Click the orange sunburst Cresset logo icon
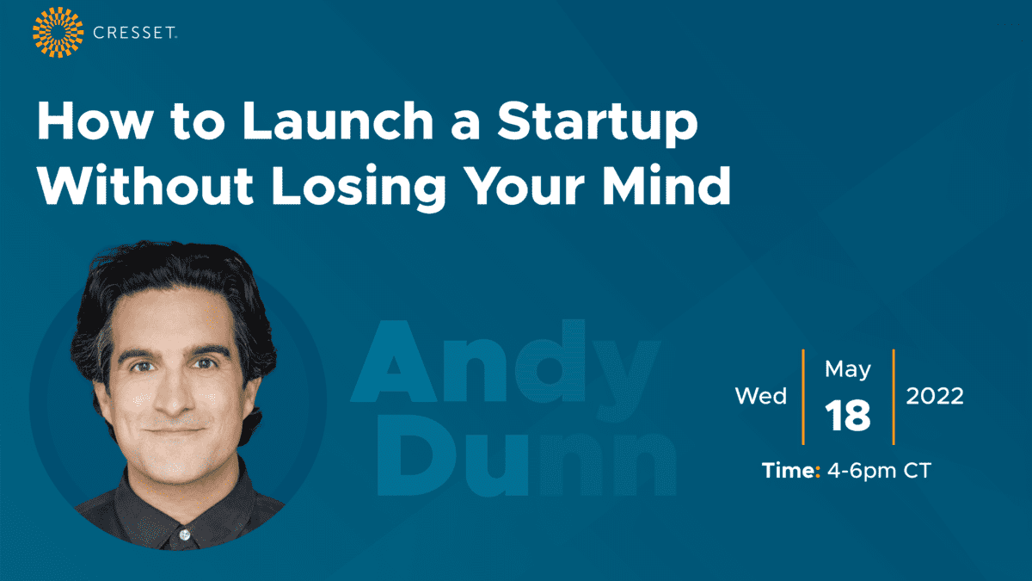58,33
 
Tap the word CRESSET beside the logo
134,33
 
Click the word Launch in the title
338,121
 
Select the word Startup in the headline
598,124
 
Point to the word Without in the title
145,184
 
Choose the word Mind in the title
666,184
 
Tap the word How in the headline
94,121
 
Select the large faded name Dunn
526,454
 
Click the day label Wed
760,396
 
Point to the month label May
848,370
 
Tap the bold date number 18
848,416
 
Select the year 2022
935,396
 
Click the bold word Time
790,471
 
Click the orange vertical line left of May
803,397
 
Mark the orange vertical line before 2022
894,397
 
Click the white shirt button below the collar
185,535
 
